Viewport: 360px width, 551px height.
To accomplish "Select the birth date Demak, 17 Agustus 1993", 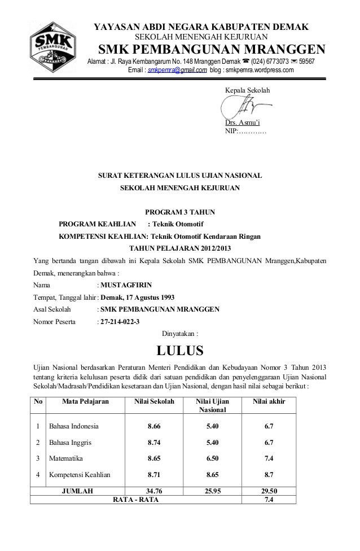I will tap(137, 298).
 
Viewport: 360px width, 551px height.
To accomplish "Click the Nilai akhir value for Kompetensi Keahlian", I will tap(269, 475).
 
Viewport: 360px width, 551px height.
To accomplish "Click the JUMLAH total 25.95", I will tap(211, 491).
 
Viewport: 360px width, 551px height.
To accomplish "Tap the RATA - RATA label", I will tap(136, 500).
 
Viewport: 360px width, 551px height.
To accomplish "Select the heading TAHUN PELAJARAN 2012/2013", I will tap(179, 248).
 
